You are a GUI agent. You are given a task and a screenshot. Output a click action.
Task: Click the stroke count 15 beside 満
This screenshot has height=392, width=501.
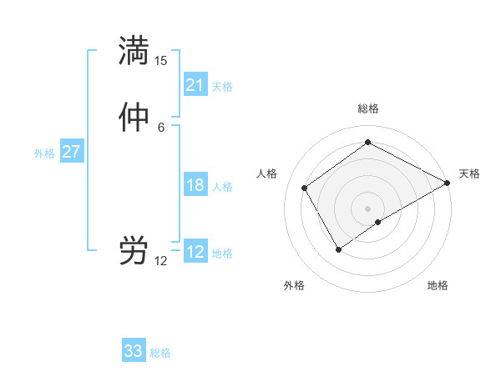coord(161,61)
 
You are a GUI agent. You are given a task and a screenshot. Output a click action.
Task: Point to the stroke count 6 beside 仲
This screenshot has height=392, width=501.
coord(161,127)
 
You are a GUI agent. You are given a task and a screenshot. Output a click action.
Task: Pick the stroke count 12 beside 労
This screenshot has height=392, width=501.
coord(161,261)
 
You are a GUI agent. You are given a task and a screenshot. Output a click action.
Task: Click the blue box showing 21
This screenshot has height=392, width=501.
coord(195,85)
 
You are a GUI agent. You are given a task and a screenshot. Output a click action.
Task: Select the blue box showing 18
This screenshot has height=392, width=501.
coord(195,185)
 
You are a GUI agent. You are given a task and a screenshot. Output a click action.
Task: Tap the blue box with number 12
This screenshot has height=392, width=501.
coord(195,252)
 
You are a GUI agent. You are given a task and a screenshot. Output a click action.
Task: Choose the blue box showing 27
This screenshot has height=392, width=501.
coord(72,152)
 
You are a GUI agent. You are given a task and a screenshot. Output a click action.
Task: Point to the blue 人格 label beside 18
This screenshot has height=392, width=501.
coord(222,187)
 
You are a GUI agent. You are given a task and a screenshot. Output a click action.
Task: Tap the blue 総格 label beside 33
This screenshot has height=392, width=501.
coord(160,353)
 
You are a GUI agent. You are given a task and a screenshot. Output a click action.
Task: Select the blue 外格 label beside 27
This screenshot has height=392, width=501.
coord(44,153)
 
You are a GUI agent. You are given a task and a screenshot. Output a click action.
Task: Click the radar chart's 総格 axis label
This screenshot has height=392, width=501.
coord(368,108)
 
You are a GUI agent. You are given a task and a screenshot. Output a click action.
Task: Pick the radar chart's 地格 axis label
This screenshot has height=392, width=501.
coord(438,285)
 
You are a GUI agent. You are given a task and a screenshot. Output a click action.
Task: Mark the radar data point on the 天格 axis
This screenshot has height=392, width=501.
coord(448,183)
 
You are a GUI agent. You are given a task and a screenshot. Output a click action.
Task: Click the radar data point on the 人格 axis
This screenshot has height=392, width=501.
coord(305,188)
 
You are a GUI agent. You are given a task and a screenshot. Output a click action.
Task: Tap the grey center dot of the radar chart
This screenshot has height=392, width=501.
coord(368,208)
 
